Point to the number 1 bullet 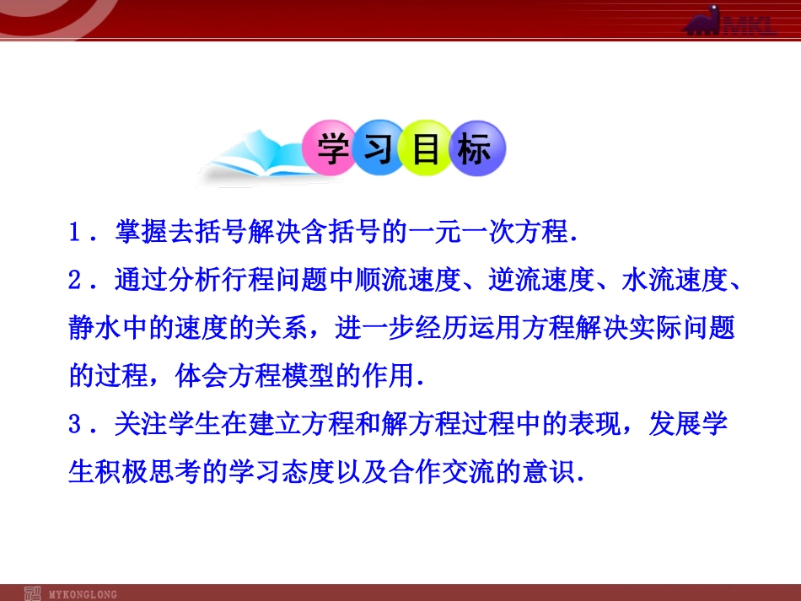tap(75, 233)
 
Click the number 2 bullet tap(75, 281)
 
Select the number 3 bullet tap(75, 424)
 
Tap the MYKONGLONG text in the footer tap(84, 594)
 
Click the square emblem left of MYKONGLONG tap(33, 593)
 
